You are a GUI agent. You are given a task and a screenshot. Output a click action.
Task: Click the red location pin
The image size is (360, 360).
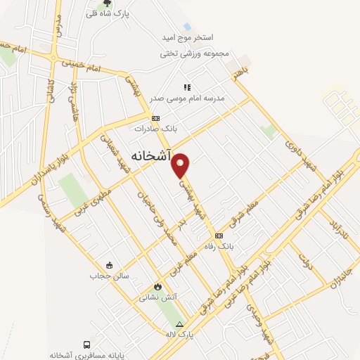coord(181,165)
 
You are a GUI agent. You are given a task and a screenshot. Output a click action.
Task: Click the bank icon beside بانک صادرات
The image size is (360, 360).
coord(156,118)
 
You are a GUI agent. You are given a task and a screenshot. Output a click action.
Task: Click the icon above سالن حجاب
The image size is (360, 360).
coord(109,265)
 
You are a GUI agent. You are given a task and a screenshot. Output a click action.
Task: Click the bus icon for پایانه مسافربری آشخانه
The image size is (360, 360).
coord(86,345)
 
